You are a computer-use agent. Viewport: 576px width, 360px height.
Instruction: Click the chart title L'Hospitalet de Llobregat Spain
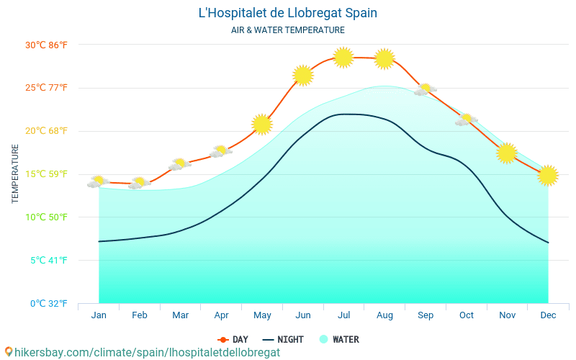(287, 13)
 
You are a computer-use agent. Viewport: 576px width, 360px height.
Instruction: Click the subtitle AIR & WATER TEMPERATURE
(287, 30)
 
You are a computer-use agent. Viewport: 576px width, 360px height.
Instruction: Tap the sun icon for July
(343, 57)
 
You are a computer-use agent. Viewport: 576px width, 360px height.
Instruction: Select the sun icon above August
(384, 58)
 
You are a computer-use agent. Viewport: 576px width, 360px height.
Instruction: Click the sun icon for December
(548, 175)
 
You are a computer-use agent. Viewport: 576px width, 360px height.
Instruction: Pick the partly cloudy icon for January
(99, 181)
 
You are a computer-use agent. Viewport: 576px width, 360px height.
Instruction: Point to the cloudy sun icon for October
(467, 120)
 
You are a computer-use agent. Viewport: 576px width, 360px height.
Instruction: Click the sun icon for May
(262, 125)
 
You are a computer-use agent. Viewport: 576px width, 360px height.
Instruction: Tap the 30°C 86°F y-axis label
(47, 45)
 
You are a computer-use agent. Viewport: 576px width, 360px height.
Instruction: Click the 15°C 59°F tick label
(47, 174)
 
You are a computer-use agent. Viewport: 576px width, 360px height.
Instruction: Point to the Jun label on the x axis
(303, 315)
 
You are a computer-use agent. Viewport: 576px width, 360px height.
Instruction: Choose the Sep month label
(426, 315)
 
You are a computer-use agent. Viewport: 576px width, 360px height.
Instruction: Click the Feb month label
(140, 315)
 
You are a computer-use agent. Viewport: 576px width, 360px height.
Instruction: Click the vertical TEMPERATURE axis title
(15, 174)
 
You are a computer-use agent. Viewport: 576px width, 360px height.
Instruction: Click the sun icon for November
(507, 153)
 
